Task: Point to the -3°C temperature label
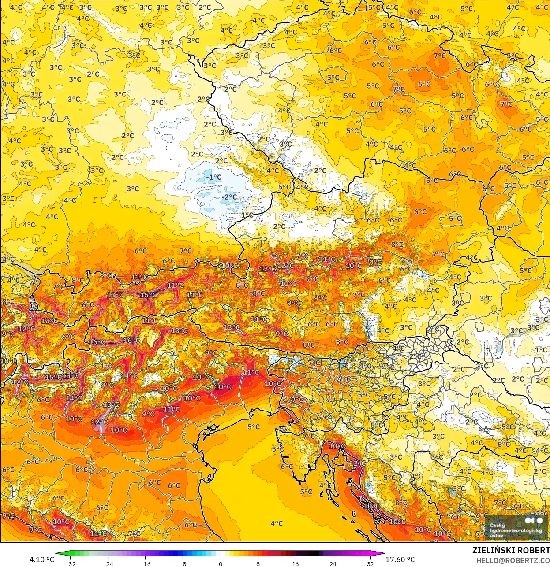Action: (x=541, y=319)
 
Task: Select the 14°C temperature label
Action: (x=74, y=398)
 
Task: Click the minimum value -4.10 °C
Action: (x=41, y=560)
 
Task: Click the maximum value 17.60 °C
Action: (x=400, y=560)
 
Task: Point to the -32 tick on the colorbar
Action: (x=70, y=564)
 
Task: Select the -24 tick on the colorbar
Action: (x=108, y=564)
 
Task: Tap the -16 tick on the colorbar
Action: (x=145, y=564)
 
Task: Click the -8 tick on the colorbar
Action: (x=183, y=564)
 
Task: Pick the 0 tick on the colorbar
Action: (x=220, y=564)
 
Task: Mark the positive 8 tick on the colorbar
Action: (x=258, y=564)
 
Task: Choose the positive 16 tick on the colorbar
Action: (x=295, y=564)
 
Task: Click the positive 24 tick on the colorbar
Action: (x=333, y=564)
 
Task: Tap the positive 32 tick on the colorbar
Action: (x=370, y=564)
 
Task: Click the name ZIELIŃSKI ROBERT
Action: (x=511, y=550)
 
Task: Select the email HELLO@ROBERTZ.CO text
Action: (x=513, y=560)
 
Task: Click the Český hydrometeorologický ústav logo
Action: (x=516, y=527)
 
